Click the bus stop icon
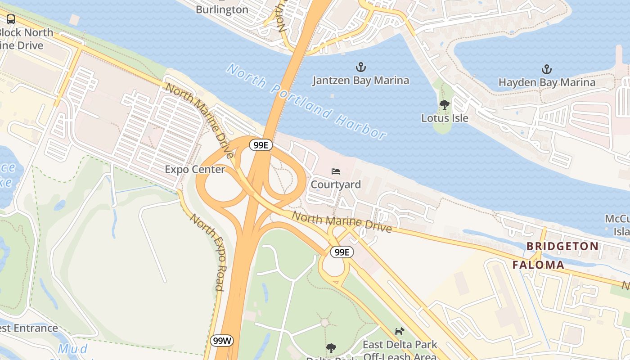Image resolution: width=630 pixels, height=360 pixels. tap(11, 19)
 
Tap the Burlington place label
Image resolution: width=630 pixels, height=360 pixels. tap(222, 9)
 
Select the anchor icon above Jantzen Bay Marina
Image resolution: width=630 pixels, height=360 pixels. tap(360, 67)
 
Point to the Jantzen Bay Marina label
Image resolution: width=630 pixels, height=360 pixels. tap(361, 81)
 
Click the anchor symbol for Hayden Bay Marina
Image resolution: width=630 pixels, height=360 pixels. tap(546, 69)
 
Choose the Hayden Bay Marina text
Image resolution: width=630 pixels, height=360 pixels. tap(547, 82)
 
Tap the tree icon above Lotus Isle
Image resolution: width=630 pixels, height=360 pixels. tap(445, 105)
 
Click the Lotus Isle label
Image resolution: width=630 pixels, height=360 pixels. tap(445, 118)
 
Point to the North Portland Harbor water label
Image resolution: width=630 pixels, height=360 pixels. tap(306, 101)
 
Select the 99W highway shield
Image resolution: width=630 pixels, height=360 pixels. tap(222, 341)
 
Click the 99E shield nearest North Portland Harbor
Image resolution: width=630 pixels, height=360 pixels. tap(261, 145)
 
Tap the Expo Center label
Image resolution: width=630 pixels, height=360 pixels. tap(195, 170)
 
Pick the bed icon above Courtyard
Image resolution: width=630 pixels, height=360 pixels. tap(336, 171)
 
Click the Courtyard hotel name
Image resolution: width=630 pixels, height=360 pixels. tap(336, 184)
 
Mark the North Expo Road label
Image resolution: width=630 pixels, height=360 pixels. tap(207, 252)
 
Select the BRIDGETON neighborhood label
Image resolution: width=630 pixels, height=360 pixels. tap(562, 246)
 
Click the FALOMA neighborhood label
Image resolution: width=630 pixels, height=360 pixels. tap(538, 265)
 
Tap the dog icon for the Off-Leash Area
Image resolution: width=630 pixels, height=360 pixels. tap(399, 332)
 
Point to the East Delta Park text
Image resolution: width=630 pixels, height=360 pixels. tap(400, 345)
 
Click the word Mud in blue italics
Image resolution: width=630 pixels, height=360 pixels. tap(73, 349)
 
